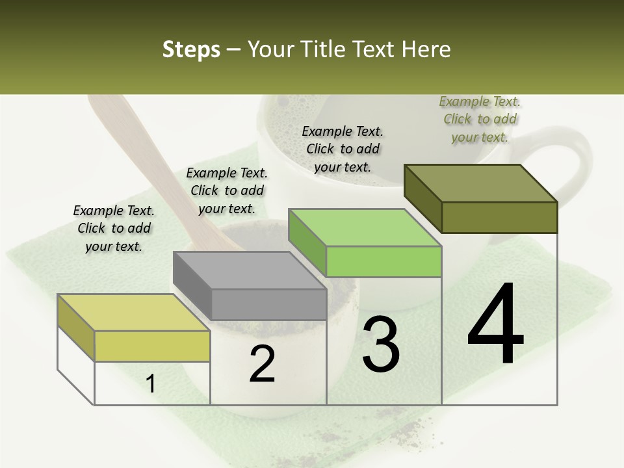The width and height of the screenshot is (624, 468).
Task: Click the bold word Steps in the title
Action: (x=191, y=49)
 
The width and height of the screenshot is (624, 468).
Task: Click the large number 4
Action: (x=495, y=325)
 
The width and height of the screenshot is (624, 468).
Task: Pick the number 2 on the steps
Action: (x=262, y=364)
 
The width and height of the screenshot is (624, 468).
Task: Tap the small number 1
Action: (x=151, y=383)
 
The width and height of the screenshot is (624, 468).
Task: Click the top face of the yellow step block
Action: (x=134, y=313)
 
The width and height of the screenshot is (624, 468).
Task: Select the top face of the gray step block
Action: (x=250, y=270)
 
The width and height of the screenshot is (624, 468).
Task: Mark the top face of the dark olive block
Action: (x=481, y=183)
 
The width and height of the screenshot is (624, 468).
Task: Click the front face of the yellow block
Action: (x=152, y=346)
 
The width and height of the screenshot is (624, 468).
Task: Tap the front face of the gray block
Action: (x=269, y=304)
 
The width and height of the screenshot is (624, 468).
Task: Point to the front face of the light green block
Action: (x=384, y=261)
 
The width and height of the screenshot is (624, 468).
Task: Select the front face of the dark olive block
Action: (x=499, y=217)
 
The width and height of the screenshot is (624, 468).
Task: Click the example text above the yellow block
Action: (x=114, y=228)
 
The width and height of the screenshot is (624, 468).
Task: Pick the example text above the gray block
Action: (x=227, y=190)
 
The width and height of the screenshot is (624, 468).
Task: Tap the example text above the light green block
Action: (x=343, y=149)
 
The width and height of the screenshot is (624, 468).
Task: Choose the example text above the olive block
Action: (x=480, y=119)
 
